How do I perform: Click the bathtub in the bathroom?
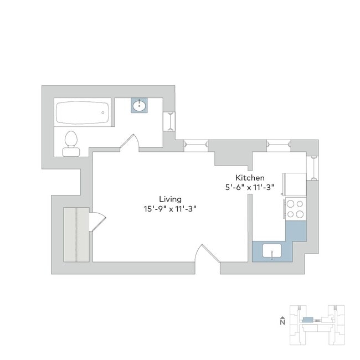83,113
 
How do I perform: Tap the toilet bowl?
71,138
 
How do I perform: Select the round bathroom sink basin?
139,105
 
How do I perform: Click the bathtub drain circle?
103,113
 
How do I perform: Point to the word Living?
171,199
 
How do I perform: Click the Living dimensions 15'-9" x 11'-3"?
170,209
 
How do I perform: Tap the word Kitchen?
250,178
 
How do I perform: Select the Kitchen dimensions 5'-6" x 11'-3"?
250,188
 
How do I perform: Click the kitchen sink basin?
272,251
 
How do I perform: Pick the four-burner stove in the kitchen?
296,209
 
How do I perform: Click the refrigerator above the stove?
295,184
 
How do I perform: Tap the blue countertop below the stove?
296,231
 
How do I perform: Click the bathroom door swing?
130,143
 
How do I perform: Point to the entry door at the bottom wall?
207,253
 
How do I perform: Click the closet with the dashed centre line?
76,234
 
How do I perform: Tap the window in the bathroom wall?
170,121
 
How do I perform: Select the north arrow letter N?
282,322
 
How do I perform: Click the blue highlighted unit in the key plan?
307,320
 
